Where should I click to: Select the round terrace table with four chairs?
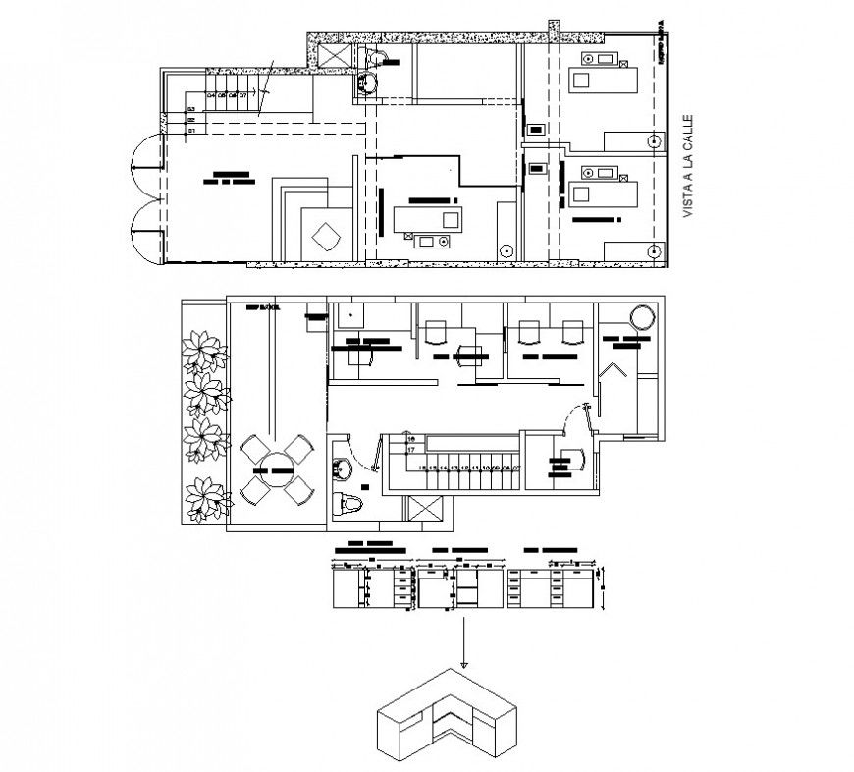(275, 469)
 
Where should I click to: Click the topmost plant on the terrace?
(207, 349)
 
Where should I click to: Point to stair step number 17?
(411, 450)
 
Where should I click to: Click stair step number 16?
(411, 439)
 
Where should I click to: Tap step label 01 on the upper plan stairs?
(192, 129)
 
